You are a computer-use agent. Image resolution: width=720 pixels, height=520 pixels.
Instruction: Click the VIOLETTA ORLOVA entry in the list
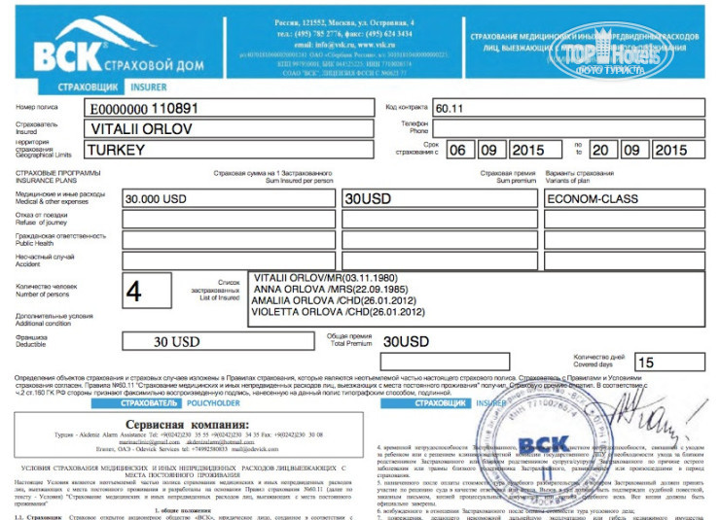pyautogui.click(x=322, y=313)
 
